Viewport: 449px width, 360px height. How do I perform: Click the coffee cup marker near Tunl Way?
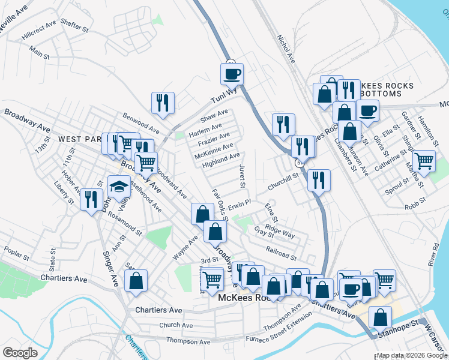point(232,74)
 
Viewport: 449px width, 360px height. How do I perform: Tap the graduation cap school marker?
point(119,187)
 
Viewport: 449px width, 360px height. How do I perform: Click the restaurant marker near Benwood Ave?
point(163,103)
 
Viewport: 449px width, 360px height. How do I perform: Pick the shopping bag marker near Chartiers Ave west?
point(136,281)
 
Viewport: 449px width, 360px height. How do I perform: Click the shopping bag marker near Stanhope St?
point(380,318)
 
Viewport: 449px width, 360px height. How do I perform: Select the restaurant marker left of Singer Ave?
point(91,199)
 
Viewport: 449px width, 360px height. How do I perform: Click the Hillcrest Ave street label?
point(39,31)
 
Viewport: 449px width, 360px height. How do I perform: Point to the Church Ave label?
point(176,325)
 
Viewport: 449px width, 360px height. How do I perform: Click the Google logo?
point(20,353)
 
